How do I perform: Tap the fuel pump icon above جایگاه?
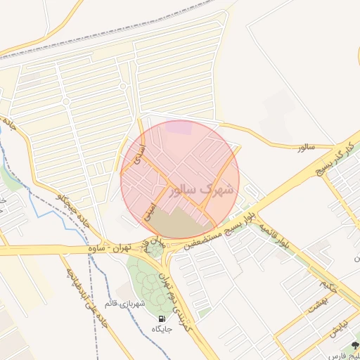click(x=163, y=316)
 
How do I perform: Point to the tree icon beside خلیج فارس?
click(x=355, y=346)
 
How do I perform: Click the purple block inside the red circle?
click(x=181, y=128)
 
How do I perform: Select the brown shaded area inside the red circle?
click(x=176, y=224)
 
